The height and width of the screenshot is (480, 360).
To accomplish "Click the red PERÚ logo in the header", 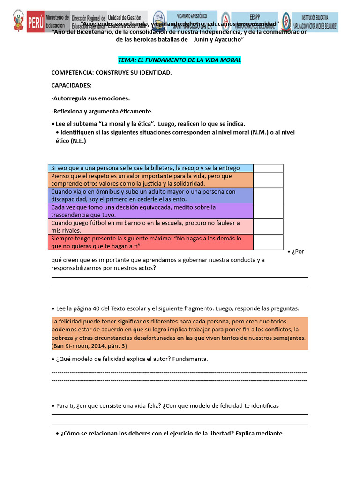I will point(35,22).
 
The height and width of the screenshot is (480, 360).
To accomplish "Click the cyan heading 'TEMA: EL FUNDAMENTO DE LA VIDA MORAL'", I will point(180,60).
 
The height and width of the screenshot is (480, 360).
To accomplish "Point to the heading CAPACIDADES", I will point(71,85).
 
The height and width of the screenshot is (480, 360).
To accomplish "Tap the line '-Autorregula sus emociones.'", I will point(90,98).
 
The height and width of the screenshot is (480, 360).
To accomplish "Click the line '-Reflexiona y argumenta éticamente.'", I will point(102,111).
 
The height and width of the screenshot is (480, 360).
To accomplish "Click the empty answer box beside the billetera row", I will point(268,168).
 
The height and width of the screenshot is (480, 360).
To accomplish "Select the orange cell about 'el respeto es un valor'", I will point(150,180).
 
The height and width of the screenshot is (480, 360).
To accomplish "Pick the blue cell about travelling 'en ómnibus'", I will point(150,195).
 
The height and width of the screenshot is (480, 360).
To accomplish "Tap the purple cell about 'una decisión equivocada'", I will point(150,211).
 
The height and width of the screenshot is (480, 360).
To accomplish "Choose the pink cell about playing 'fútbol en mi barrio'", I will point(150,226).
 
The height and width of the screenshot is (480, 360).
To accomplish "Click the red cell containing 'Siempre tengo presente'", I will point(150,242).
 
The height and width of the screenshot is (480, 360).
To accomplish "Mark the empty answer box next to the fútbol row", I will point(268,226).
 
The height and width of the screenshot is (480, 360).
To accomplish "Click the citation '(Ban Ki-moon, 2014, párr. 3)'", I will point(90,346).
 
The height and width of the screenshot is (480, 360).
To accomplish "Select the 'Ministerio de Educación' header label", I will point(58,22).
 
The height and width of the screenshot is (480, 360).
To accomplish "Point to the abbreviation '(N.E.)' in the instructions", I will point(78,141).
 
